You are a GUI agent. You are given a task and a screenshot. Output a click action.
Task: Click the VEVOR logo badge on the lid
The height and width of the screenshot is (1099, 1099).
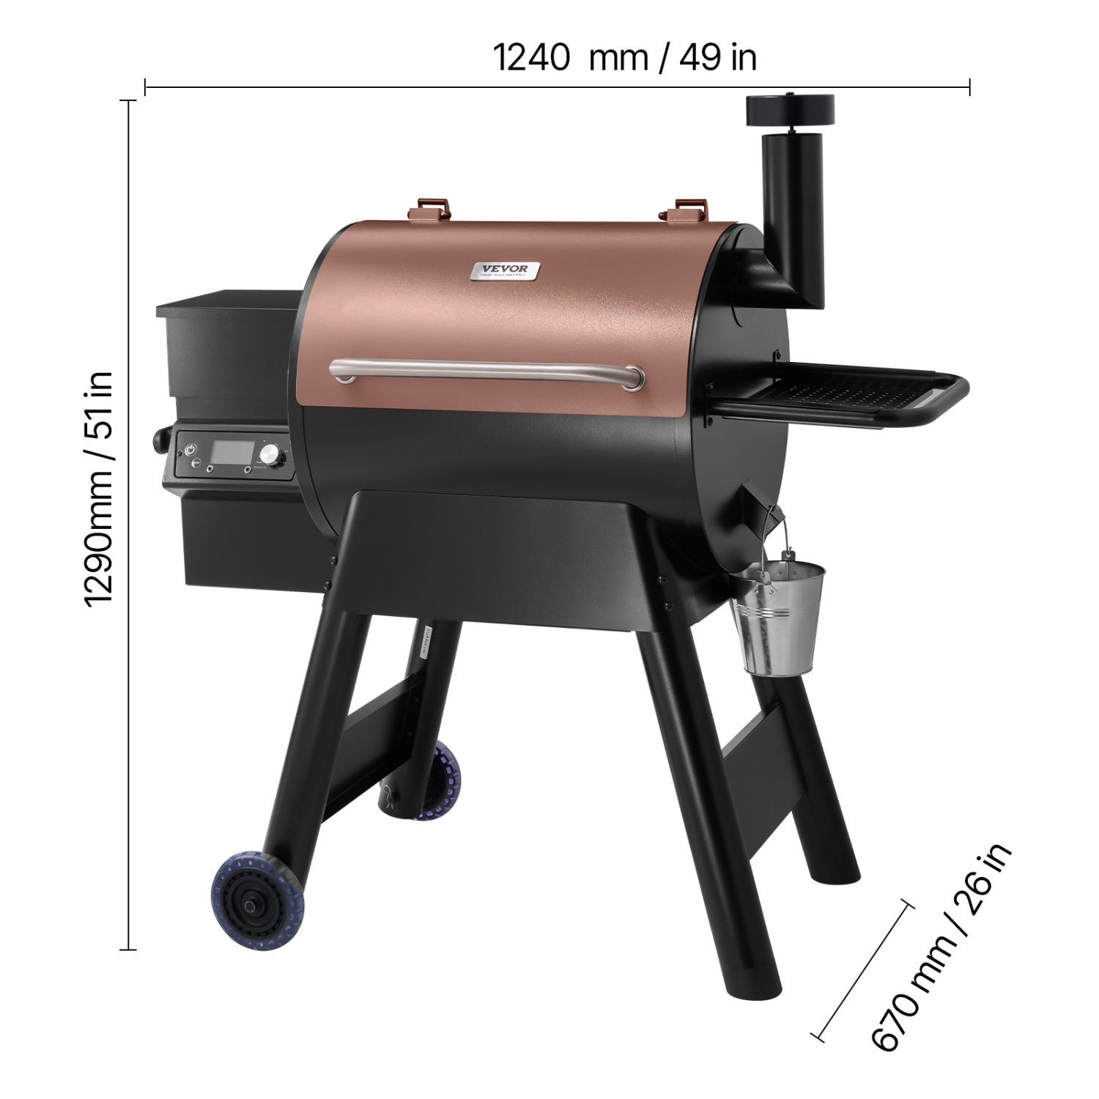[x=505, y=271]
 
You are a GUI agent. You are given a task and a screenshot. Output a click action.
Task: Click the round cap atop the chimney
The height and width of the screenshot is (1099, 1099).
[x=790, y=110]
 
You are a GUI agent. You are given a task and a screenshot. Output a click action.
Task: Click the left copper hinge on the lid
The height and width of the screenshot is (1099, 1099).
[x=429, y=207]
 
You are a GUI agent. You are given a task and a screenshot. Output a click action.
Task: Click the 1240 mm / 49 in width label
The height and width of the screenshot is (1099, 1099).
[x=624, y=57]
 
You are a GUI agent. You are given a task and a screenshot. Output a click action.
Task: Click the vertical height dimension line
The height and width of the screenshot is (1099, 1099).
[x=130, y=525]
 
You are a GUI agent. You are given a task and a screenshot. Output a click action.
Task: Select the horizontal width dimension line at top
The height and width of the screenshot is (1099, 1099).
[x=557, y=88]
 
